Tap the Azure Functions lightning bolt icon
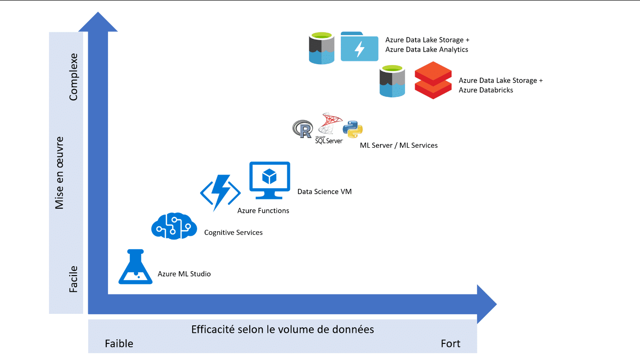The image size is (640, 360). pyautogui.click(x=220, y=192)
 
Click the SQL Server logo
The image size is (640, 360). pyautogui.click(x=329, y=129)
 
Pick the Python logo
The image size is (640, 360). pyautogui.click(x=352, y=129)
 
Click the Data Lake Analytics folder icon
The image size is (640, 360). pyautogui.click(x=359, y=47)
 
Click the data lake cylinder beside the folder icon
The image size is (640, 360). pyautogui.click(x=321, y=48)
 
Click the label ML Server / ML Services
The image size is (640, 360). pyautogui.click(x=398, y=145)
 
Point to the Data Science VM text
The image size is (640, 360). pyautogui.click(x=324, y=191)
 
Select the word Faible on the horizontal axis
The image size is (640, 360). pyautogui.click(x=119, y=344)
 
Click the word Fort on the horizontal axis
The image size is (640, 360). pyautogui.click(x=450, y=344)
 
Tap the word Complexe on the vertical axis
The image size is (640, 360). pyautogui.click(x=73, y=77)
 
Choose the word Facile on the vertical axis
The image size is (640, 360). pyautogui.click(x=73, y=279)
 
